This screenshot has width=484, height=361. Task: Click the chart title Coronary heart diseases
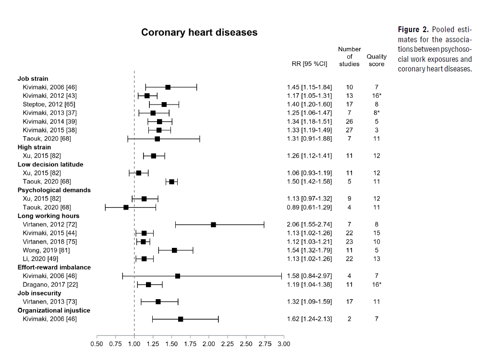click(199, 33)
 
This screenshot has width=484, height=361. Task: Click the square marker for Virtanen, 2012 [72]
click(213, 224)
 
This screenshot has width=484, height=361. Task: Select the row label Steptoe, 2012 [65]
click(49, 104)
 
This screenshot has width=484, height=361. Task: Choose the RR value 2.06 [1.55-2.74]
click(309, 224)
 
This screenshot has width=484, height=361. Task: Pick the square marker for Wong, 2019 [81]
click(174, 250)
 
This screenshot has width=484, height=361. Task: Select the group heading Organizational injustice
click(50, 310)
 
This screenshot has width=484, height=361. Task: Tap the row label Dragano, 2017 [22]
click(50, 284)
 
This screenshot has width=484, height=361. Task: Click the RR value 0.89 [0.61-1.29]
click(309, 207)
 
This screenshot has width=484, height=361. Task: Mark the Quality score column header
click(376, 60)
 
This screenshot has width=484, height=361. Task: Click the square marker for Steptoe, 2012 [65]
click(164, 104)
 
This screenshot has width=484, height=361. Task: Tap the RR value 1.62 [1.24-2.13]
click(309, 319)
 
